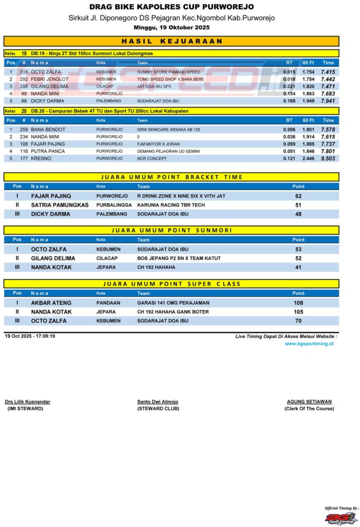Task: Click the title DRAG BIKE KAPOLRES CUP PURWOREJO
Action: point(171,7)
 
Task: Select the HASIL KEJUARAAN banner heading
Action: point(171,41)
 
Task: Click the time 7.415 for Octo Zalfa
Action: point(328,72)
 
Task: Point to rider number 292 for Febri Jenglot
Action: point(24,79)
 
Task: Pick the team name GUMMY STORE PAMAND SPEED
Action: point(169,72)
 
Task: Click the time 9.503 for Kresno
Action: point(328,159)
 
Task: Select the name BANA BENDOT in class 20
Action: point(48,129)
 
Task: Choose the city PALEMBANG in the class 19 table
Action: point(109,101)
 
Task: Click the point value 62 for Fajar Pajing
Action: point(298,196)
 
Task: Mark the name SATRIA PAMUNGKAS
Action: point(60,205)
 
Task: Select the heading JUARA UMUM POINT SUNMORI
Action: point(171,230)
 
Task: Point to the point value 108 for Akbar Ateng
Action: point(298,303)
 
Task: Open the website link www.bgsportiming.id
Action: point(309,343)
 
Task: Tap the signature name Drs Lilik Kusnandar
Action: point(28,401)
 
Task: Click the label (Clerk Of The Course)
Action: point(309,409)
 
